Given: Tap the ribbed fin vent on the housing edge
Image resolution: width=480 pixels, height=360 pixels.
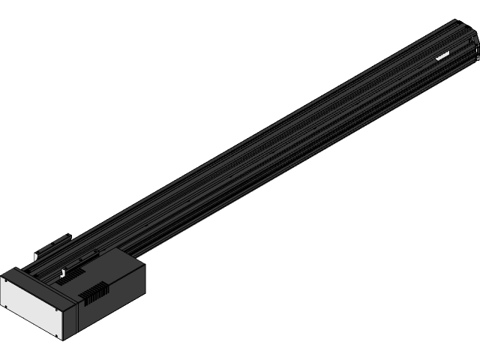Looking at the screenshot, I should (93, 293).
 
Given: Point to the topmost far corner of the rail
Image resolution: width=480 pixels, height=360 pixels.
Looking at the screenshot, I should (457, 19).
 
